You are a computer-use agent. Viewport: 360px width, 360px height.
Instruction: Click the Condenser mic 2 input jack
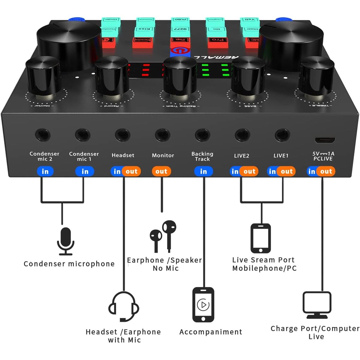pos(43,135)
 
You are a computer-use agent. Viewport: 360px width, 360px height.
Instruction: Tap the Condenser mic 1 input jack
pos(82,135)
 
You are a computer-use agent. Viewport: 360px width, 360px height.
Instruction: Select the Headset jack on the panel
pos(122,135)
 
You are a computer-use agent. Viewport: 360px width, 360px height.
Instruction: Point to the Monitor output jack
pos(162,135)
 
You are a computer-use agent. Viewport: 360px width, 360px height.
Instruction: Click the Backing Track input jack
pos(202,135)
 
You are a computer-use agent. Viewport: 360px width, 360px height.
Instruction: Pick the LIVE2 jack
pos(242,135)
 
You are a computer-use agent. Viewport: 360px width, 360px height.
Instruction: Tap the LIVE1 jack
pos(282,135)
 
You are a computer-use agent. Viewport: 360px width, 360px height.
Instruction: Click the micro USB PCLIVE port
pos(325,140)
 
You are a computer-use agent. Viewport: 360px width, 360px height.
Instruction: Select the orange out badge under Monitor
pos(161,171)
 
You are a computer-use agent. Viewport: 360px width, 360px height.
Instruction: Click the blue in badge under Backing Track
pos(203,171)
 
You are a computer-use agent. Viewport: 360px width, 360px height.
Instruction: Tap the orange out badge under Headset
pos(131,171)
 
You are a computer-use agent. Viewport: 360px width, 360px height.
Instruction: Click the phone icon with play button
pos(203,305)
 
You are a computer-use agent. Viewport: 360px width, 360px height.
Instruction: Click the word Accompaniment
pos(211,332)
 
